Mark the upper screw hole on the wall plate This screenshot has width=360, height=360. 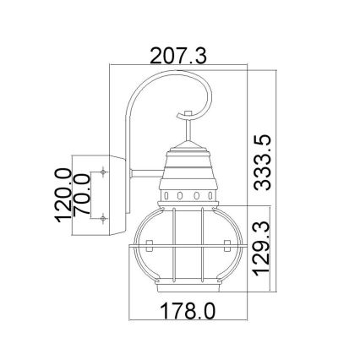(x=103, y=172)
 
